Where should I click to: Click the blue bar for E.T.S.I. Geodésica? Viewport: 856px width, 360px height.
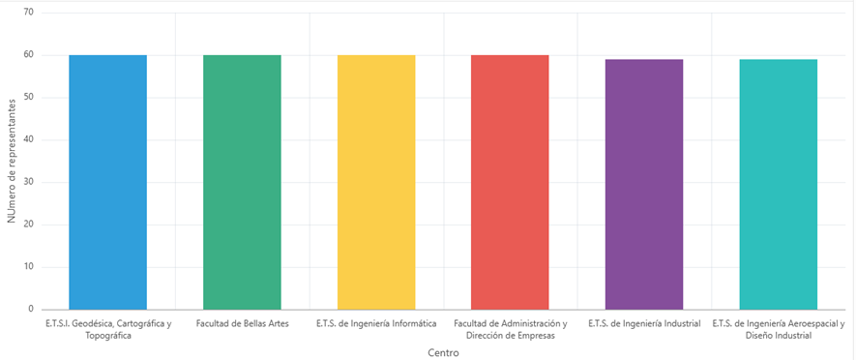(x=107, y=183)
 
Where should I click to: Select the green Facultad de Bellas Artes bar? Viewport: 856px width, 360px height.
(x=242, y=183)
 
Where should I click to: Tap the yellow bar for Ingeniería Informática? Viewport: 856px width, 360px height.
(x=376, y=183)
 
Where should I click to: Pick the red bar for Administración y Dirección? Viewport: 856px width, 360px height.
(x=510, y=183)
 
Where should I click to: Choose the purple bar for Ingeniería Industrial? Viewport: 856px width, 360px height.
(x=644, y=185)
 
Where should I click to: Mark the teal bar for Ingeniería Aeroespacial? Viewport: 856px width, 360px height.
(x=779, y=185)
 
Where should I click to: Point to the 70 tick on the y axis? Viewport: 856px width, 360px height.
(x=29, y=13)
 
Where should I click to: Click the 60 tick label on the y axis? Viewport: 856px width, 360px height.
(x=29, y=55)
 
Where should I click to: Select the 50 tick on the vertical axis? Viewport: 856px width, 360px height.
(x=29, y=98)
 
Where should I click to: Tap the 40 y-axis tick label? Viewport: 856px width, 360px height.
(x=29, y=140)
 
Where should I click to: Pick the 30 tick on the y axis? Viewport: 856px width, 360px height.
(x=29, y=183)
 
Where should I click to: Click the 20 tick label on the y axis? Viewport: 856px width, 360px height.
(x=29, y=225)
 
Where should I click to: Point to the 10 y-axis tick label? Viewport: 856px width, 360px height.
(x=29, y=267)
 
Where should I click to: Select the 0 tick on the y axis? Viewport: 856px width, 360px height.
(x=32, y=310)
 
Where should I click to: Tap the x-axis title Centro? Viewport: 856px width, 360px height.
(x=443, y=353)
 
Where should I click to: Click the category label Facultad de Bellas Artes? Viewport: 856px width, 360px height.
(x=243, y=324)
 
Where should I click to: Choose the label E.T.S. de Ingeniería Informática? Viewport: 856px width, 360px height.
(x=376, y=324)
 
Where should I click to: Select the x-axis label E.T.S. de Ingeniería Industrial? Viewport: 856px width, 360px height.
(x=644, y=324)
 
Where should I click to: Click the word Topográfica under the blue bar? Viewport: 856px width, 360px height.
(x=108, y=336)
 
